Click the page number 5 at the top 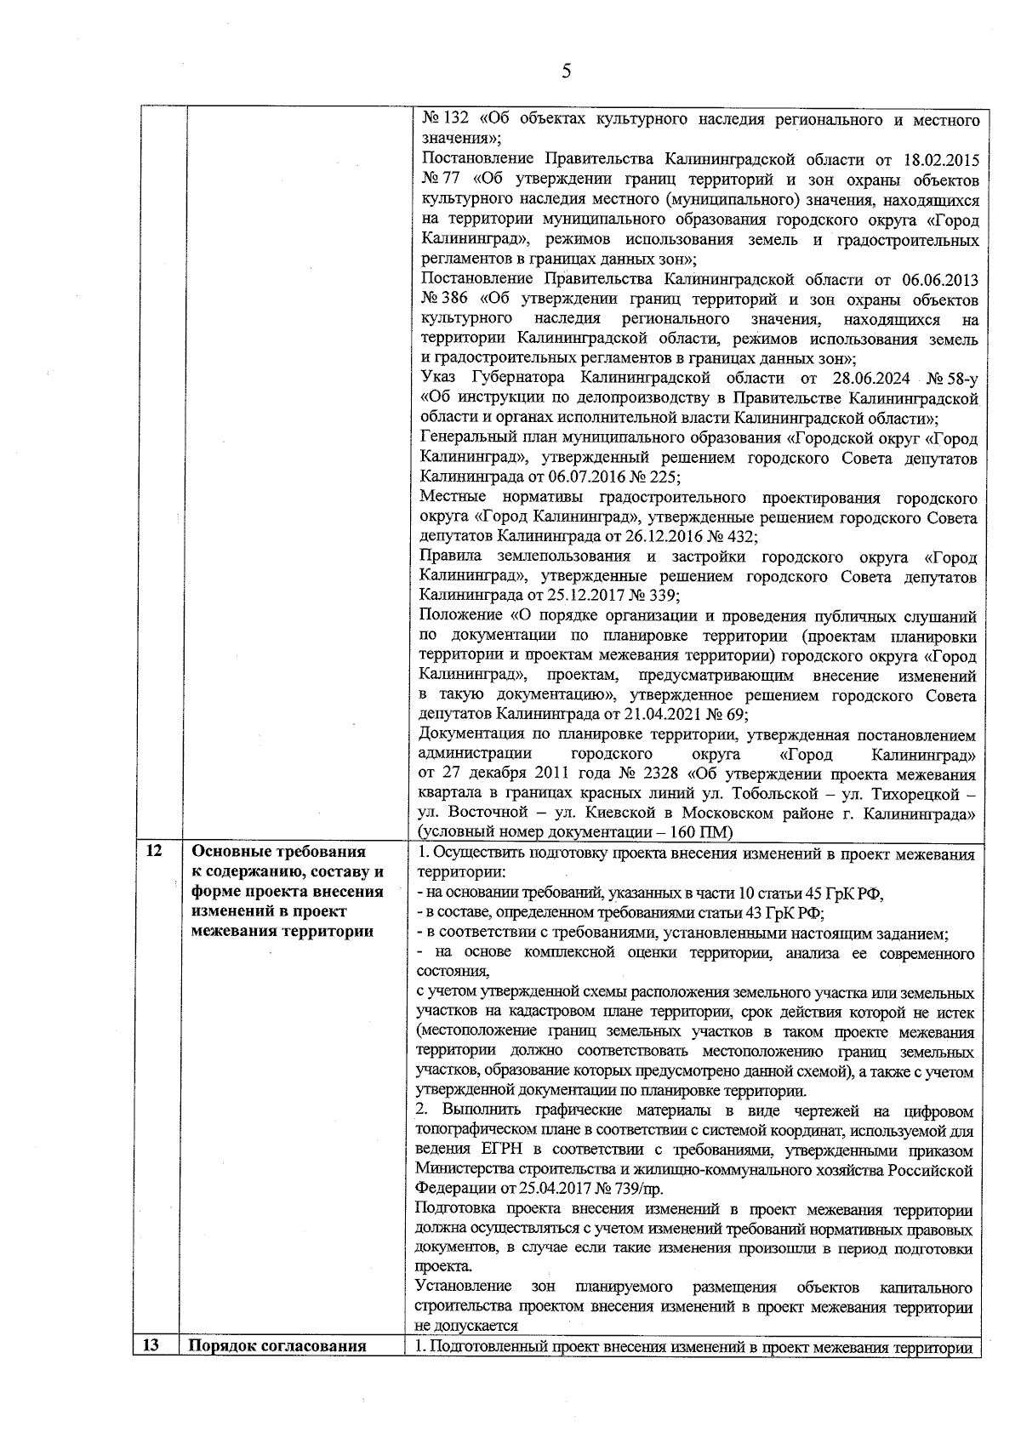[x=566, y=71]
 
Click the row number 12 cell [x=154, y=852]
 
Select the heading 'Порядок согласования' [x=277, y=1346]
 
